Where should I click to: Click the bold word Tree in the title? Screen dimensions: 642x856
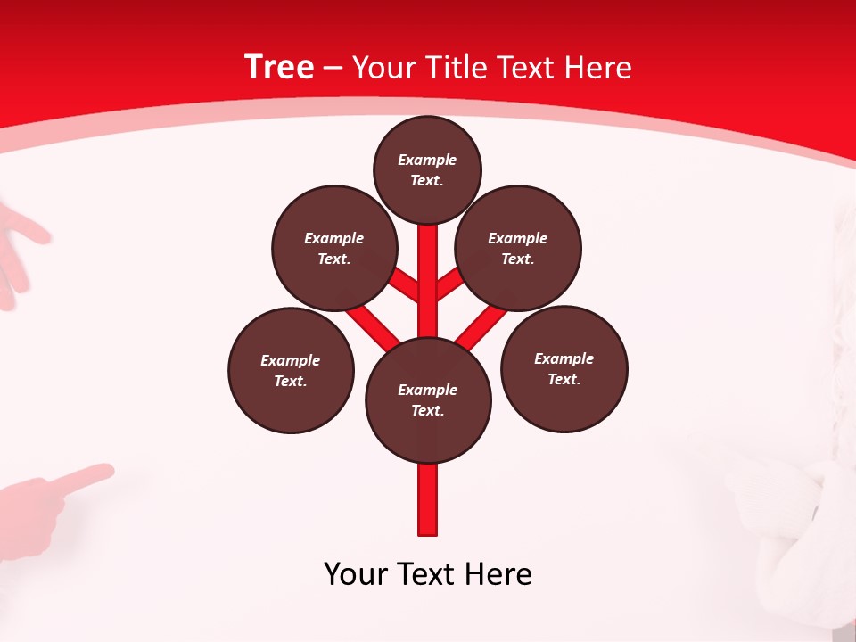[x=279, y=67]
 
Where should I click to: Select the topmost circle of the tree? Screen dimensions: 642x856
[x=427, y=169]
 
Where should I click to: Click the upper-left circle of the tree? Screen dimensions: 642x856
[x=333, y=248]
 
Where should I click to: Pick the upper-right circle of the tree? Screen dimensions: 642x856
[x=518, y=248]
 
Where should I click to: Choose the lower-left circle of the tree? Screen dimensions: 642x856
[x=291, y=370]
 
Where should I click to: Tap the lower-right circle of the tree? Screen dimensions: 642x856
[x=564, y=368]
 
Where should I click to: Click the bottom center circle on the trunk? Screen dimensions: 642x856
[x=428, y=399]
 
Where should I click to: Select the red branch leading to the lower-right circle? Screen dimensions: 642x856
[x=481, y=325]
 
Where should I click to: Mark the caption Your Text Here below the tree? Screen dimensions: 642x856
[x=428, y=573]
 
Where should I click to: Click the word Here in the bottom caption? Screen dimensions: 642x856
[x=499, y=573]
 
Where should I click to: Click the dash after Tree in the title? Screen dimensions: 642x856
[x=333, y=68]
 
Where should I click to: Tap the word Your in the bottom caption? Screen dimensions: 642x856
[x=356, y=573]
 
